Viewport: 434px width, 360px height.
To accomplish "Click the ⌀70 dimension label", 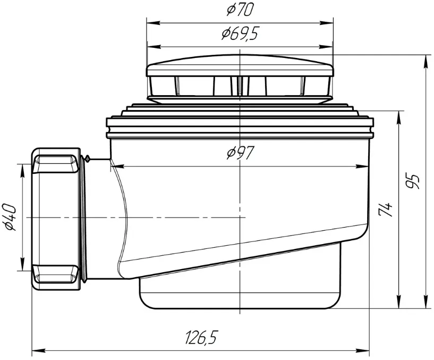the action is (240, 10).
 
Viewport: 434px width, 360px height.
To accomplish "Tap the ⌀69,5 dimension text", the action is (240, 34).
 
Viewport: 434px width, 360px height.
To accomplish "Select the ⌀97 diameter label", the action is (240, 153).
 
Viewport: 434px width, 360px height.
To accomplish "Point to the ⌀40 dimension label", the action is (11, 217).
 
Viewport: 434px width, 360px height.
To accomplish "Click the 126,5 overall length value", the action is (200, 337).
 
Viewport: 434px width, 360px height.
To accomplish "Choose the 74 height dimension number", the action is (385, 210).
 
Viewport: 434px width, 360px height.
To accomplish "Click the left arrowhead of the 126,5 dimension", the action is (39, 350).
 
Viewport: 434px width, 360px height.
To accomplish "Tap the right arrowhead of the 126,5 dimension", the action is (363, 350).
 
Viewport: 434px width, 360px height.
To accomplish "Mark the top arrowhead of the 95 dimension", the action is (426, 61).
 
